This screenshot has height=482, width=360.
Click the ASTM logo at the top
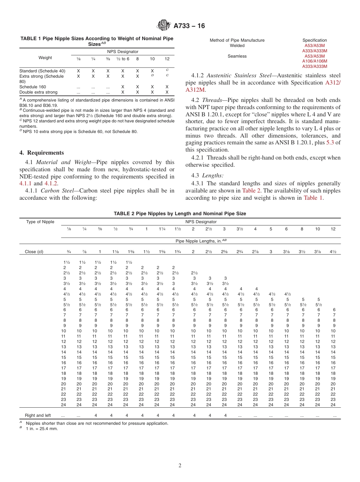point(164,26)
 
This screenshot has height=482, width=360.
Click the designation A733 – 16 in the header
point(189,26)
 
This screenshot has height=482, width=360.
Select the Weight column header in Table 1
point(45,58)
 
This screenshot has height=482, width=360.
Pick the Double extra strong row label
point(38,92)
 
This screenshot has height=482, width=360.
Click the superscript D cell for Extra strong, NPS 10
point(152,75)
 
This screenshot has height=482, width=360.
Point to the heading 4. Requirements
point(42,153)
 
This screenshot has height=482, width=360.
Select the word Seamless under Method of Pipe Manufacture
point(237,56)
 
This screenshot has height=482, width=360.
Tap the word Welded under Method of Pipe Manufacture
point(237,45)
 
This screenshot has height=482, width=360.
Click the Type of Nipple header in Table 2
point(40,222)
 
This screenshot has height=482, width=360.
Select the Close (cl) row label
point(36,251)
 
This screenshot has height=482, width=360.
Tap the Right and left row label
point(38,415)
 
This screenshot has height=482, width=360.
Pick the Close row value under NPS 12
point(333,251)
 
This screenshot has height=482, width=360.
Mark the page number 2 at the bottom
point(180,466)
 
